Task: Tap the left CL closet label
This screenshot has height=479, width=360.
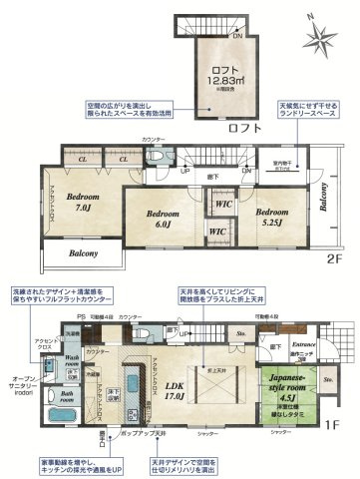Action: (83, 159)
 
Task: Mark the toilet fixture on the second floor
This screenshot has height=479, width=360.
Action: (156, 160)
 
